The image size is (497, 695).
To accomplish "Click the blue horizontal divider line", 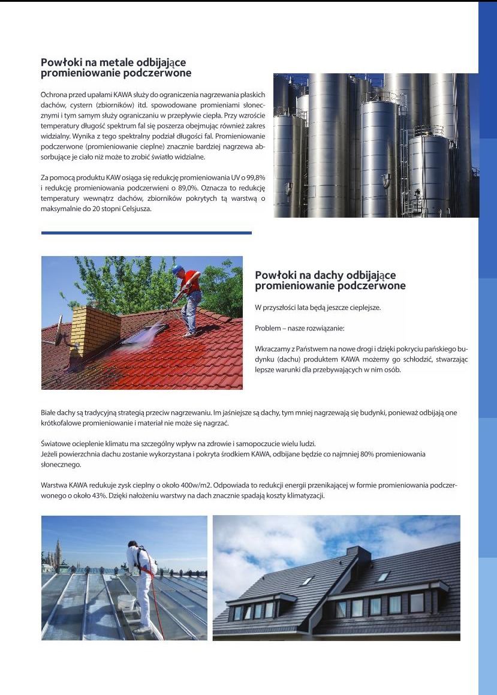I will [x=146, y=233].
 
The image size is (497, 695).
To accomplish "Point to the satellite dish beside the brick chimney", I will [x=61, y=336].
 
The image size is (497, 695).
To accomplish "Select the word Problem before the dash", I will [x=269, y=329].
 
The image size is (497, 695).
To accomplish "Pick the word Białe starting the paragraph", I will [x=50, y=413].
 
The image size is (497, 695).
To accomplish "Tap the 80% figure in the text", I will [x=360, y=455].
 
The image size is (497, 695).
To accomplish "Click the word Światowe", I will [x=56, y=444].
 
